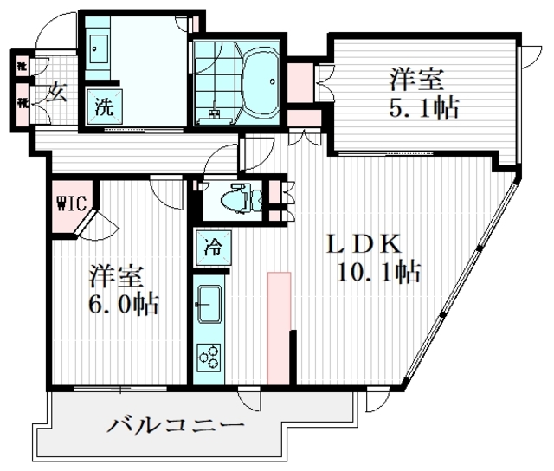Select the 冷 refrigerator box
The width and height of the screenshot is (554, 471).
(x=211, y=247)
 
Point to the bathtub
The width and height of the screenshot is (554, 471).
(x=256, y=83)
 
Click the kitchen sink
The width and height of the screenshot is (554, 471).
(x=209, y=303)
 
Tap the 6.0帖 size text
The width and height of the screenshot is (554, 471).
(x=125, y=304)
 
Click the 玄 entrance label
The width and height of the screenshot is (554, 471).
(x=56, y=90)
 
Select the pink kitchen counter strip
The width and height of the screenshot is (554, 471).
(x=279, y=327)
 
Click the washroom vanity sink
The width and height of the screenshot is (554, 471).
(x=97, y=48)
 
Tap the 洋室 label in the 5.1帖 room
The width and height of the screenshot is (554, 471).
(x=416, y=80)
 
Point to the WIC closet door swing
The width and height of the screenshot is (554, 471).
(x=96, y=223)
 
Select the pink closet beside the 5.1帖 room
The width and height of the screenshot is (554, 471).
(x=300, y=81)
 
